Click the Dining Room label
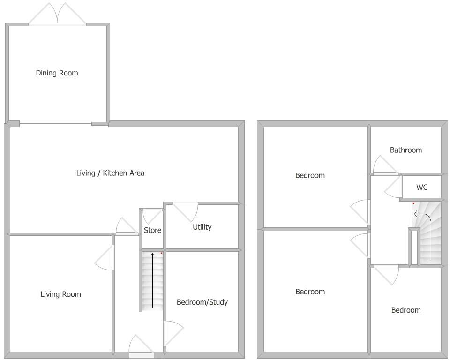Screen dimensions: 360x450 (57, 73)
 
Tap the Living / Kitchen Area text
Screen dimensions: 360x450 (110, 173)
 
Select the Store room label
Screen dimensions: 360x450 (152, 230)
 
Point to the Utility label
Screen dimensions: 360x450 (202, 227)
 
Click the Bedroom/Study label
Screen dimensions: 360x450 (202, 302)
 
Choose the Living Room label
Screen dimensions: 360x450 (60, 294)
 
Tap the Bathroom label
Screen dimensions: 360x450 (406, 150)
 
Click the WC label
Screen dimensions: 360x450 (422, 187)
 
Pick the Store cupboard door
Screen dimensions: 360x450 (151, 216)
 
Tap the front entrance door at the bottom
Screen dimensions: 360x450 (141, 345)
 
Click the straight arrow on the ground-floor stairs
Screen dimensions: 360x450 (152, 280)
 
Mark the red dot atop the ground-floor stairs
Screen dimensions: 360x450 (161, 253)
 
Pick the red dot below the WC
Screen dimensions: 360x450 (413, 203)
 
